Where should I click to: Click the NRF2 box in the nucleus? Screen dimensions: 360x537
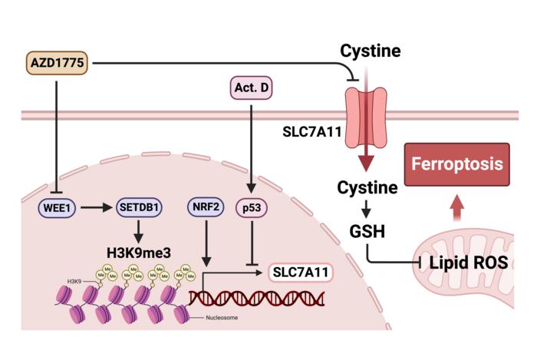[205, 207]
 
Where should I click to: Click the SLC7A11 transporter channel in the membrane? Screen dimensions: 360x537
[368, 115]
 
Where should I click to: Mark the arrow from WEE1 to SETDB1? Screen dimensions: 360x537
[97, 207]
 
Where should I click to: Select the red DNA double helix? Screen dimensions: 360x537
[257, 296]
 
